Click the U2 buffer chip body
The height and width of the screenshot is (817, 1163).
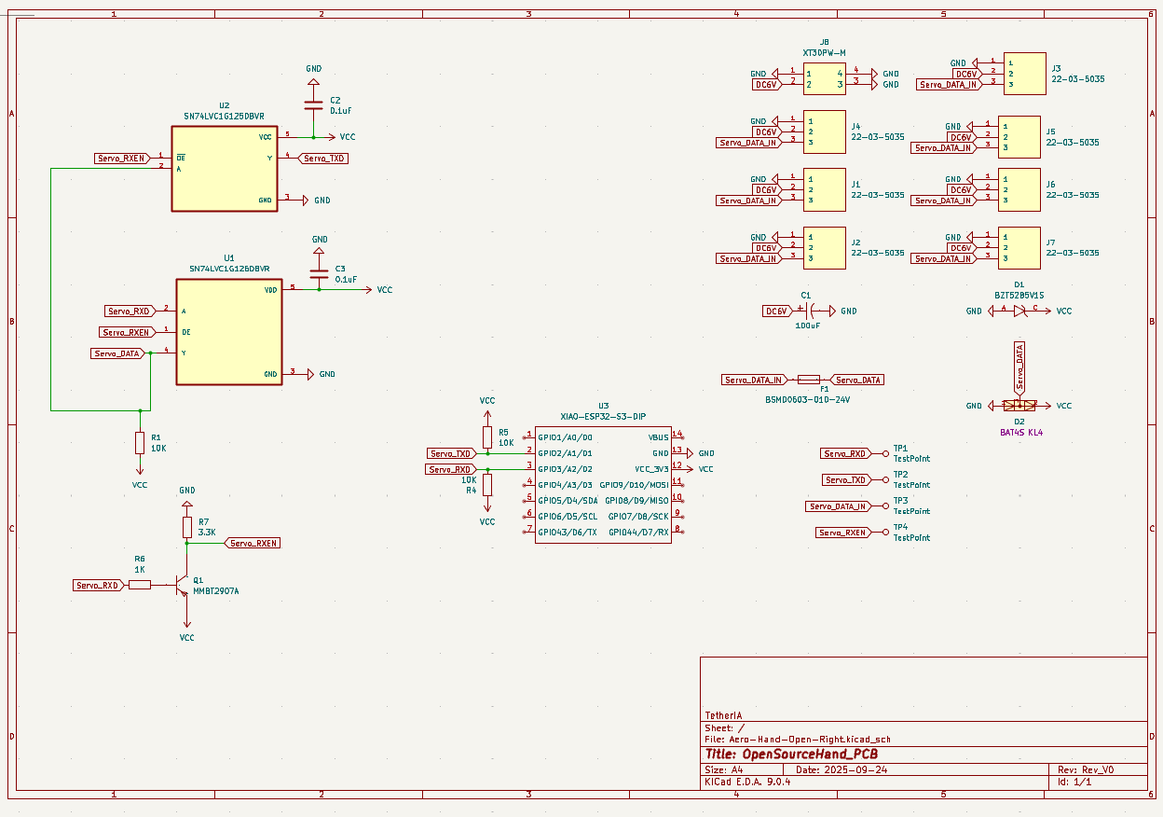coord(225,168)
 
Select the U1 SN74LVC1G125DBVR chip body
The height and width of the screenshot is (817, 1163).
coord(229,331)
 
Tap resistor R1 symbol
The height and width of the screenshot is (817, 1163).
coord(140,442)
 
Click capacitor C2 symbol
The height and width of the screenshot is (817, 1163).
coord(313,104)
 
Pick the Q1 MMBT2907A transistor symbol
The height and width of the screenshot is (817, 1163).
coord(185,585)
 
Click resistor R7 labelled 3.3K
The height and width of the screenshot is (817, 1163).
coord(187,527)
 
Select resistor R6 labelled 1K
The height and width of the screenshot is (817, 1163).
coord(140,585)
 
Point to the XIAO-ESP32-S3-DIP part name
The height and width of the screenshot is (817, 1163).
coord(602,416)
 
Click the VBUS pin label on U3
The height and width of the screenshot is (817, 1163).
coord(658,436)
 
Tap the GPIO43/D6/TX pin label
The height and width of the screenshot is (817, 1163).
coord(568,532)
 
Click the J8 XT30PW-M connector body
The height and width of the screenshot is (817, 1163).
coord(825,79)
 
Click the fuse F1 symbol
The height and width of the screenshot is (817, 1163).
coord(809,381)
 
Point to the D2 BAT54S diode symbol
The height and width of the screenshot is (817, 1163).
coord(1019,406)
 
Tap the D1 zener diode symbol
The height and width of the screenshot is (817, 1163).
coord(1019,311)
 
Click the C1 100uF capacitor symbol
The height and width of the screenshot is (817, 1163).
coord(807,311)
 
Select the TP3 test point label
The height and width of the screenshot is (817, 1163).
coord(900,501)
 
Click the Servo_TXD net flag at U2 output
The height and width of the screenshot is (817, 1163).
coord(323,159)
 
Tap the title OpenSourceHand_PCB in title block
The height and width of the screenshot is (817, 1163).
coord(791,754)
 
